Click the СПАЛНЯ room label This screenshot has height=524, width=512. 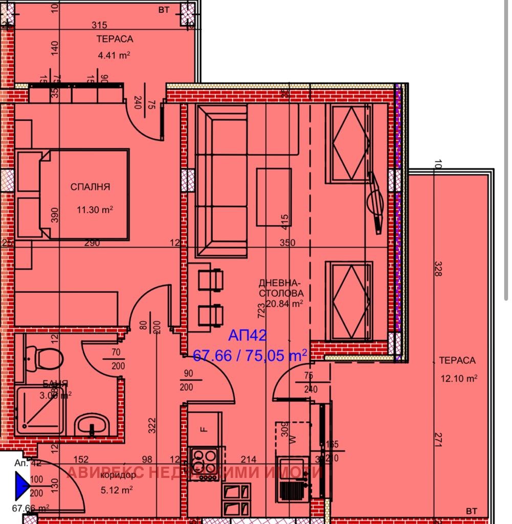point(90,187)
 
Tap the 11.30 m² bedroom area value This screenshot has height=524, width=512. point(95,209)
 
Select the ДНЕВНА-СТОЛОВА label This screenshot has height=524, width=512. point(281,288)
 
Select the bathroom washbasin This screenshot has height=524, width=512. point(92,425)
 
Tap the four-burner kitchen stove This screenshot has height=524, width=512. point(204,463)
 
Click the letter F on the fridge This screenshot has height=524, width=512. point(204,429)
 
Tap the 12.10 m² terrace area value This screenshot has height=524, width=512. point(459,379)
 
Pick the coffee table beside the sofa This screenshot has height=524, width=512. point(274,196)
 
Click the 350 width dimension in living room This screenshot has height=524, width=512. point(287,243)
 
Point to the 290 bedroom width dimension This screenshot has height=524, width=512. point(92,243)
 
